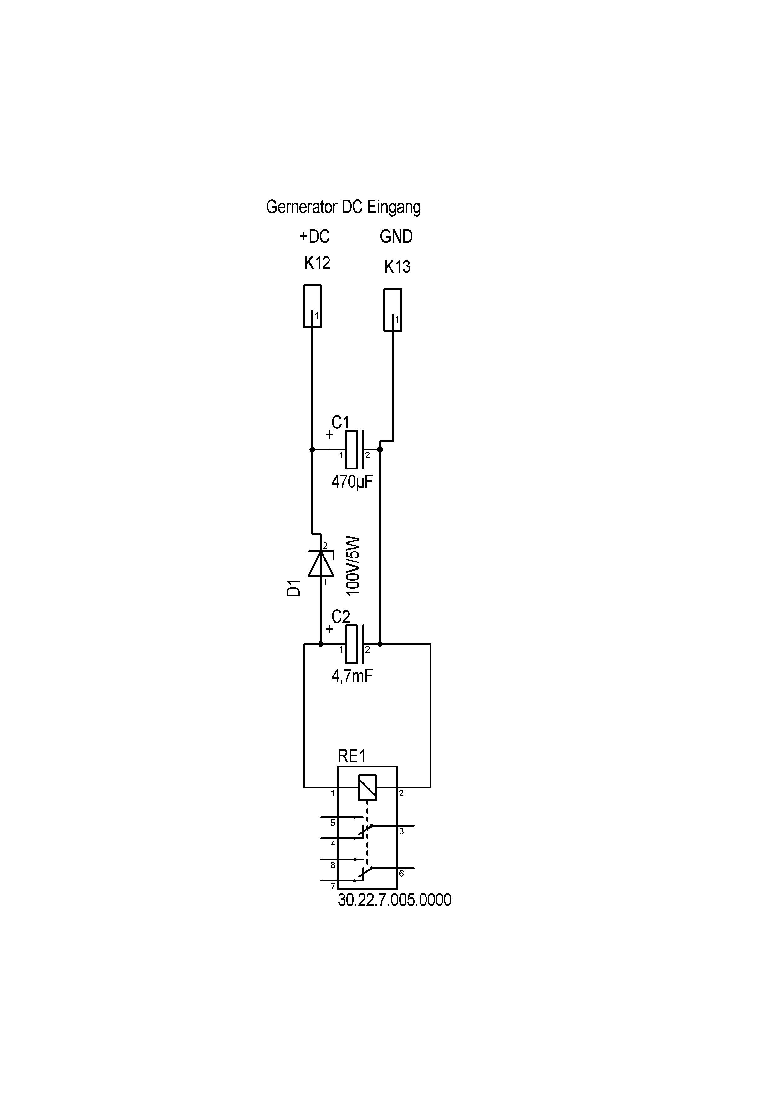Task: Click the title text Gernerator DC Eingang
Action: pos(343,207)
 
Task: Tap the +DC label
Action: pos(314,236)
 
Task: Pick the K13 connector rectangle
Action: pos(393,310)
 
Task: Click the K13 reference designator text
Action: pos(397,266)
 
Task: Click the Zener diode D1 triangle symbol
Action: pos(321,564)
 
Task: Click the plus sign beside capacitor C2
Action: pos(329,629)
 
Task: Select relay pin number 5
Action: pos(333,823)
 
